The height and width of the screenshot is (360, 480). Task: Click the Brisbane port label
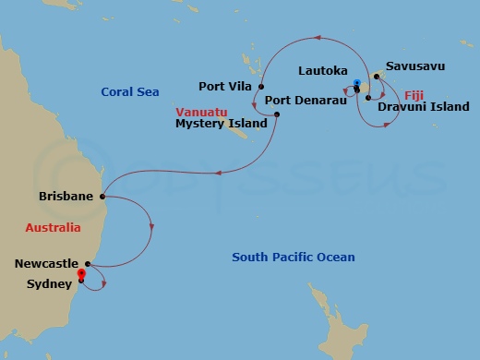66,197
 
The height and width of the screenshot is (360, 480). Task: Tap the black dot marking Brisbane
102,197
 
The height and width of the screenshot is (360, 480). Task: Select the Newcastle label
46,263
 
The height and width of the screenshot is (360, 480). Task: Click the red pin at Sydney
81,273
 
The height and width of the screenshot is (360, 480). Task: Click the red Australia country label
53,227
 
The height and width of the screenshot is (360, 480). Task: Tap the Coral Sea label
129,91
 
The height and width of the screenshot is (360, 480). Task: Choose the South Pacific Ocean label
293,257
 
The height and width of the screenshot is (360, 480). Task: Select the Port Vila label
227,87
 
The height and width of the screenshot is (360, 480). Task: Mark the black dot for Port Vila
262,87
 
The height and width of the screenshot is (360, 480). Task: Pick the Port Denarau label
306,99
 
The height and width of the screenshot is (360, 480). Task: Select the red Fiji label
415,94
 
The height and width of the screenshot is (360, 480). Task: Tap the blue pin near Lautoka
356,83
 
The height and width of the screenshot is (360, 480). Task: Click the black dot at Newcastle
89,263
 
